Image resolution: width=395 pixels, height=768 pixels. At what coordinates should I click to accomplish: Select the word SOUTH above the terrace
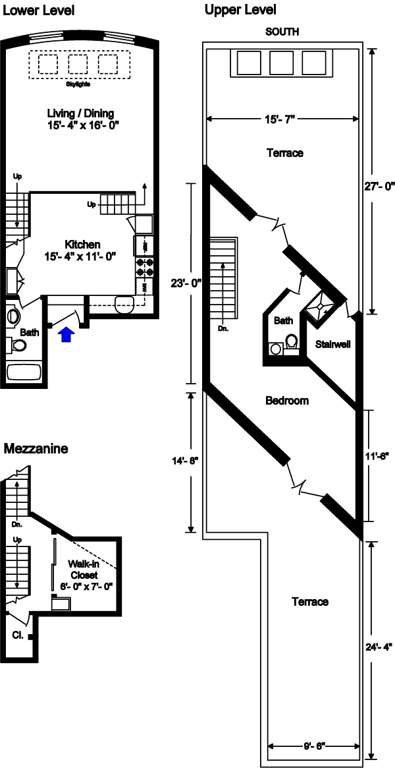coord(281,31)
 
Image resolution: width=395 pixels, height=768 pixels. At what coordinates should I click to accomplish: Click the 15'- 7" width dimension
coord(283,119)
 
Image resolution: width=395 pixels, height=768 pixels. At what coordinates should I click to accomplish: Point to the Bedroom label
coord(287,400)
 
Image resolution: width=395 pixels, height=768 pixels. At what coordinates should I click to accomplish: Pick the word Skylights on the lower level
coord(78,84)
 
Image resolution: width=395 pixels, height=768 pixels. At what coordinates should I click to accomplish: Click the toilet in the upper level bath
coord(290,342)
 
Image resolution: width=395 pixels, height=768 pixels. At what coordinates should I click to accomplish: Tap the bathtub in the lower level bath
coord(24,372)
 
